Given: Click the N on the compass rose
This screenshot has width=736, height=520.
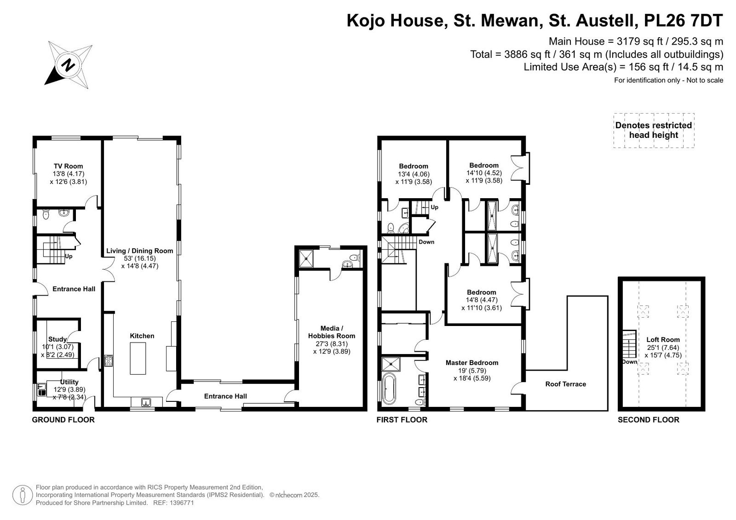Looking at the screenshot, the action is pos(69,65).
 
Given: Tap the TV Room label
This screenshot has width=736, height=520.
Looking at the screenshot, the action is pos(69,166).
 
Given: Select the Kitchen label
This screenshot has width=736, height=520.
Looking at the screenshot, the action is pos(142,336).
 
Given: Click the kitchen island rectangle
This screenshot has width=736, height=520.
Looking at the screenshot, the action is pos(138,358).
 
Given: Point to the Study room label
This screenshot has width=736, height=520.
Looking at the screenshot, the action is pos(57,339).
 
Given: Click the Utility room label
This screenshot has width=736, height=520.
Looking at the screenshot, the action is pos(69,382).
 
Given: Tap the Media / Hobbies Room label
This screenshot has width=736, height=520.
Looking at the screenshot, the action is pos(332,332).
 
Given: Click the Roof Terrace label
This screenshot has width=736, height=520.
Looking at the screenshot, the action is pos(565,384).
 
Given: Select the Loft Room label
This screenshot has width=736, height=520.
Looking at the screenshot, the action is pos(663,340).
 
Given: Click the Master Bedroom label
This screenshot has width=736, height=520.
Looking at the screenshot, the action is pos(472,363).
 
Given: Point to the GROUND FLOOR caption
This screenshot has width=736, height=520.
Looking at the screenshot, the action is pos(63,420).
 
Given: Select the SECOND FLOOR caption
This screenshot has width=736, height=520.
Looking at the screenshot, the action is pos(648,420).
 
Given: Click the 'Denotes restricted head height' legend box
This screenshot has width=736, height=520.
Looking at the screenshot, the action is pos(654,131).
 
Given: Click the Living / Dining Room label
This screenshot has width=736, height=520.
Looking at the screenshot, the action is pos(140,251).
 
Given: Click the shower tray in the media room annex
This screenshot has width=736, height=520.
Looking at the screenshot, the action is pos(306,259).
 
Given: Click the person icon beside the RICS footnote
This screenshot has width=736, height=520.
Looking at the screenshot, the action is pos(23,495).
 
